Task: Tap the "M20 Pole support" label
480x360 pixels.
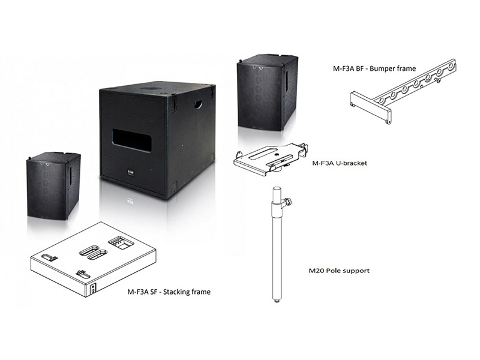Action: tap(340, 271)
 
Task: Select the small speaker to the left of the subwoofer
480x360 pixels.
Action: tap(53, 186)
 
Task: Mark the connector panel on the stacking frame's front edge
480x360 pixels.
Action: tap(92, 289)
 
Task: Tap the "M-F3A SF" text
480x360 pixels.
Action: tap(139, 292)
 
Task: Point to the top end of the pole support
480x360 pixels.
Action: tap(275, 190)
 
